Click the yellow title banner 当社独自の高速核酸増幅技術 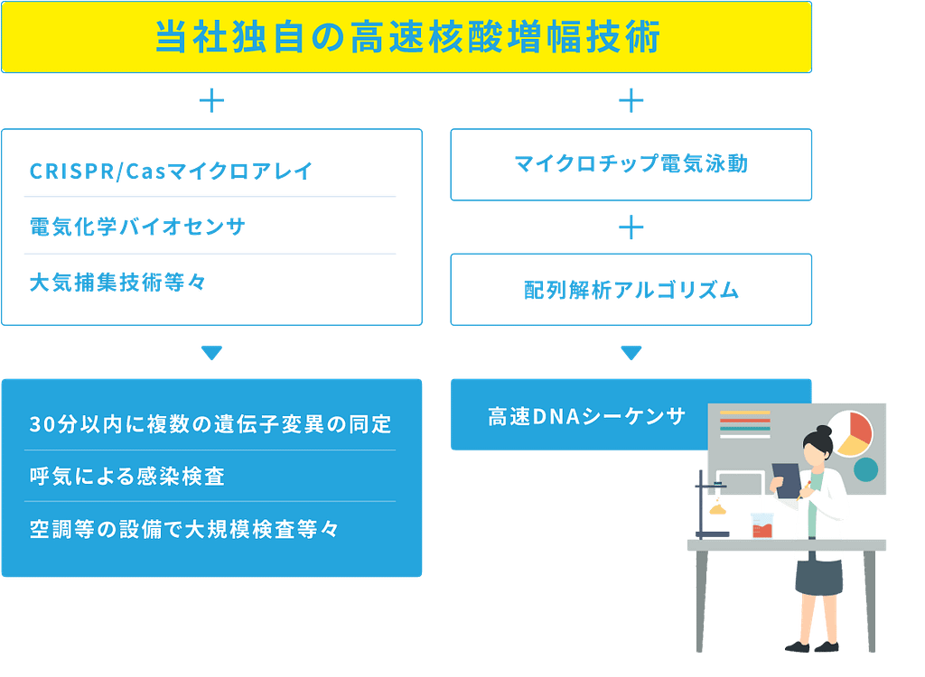point(406,38)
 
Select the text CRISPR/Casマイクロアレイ point(171,171)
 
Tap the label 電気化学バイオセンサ point(137,227)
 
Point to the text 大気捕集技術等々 point(117,283)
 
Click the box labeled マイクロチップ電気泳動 point(631,164)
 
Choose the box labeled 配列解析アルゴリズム point(631,290)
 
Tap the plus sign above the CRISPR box point(211,100)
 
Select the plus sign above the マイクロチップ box point(631,100)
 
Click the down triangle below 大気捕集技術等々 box point(211,353)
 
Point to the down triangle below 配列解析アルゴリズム point(631,353)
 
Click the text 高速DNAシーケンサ point(587,417)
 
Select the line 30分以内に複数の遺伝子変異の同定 point(210,424)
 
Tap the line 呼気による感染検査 point(126,476)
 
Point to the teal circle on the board point(865,469)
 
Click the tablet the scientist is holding point(787,478)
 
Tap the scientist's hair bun point(822,431)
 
